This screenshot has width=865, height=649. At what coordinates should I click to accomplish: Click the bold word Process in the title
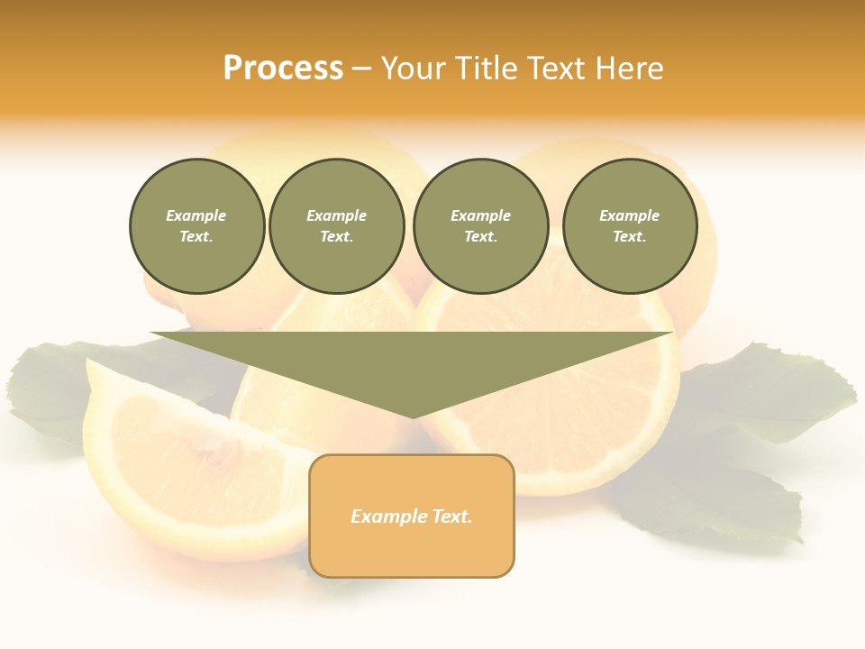(x=283, y=69)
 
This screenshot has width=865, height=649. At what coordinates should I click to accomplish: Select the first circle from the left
(x=196, y=226)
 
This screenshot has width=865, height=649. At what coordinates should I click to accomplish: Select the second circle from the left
(x=336, y=226)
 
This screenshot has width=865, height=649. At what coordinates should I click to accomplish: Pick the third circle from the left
(x=480, y=226)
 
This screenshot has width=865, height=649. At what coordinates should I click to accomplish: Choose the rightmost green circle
(x=629, y=226)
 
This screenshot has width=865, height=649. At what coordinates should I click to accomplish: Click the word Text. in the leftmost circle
(x=196, y=237)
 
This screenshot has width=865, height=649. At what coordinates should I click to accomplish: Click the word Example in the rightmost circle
(x=629, y=215)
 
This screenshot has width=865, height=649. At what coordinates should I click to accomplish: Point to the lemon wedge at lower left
(x=180, y=469)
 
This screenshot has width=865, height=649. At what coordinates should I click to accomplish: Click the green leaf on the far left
(x=54, y=388)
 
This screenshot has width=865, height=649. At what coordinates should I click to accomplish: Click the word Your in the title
(x=414, y=69)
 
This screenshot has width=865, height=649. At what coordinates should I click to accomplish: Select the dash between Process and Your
(x=361, y=69)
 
